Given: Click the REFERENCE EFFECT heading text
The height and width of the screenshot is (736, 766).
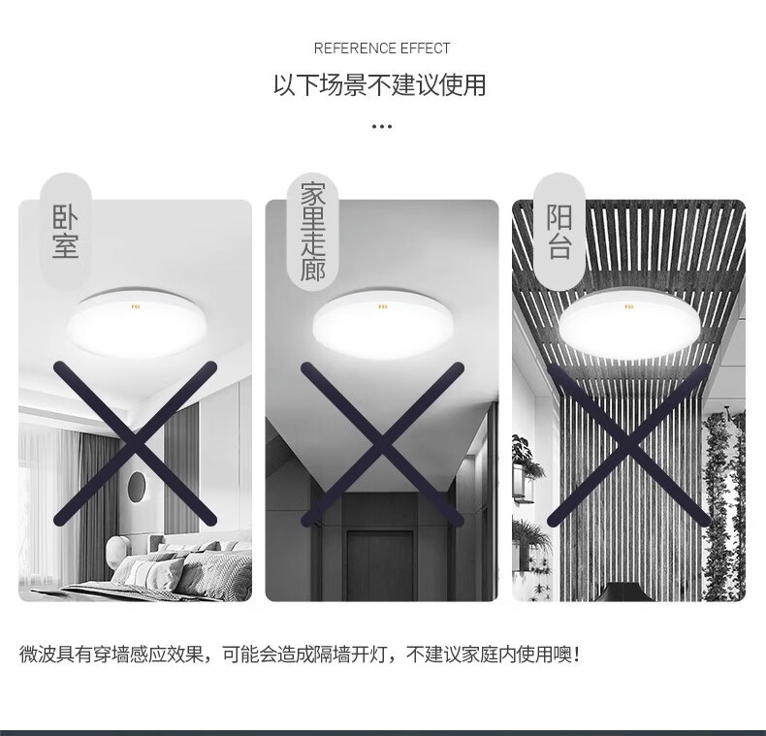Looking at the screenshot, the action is (381, 48).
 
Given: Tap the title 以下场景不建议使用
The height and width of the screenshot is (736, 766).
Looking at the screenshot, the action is (379, 85).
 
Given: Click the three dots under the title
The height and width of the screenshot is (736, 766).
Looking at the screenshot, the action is (381, 127).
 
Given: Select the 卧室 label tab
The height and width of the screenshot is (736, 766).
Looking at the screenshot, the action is (66, 231).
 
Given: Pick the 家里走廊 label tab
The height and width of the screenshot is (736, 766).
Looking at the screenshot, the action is (312, 231).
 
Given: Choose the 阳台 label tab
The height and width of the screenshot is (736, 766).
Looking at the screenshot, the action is (559, 231).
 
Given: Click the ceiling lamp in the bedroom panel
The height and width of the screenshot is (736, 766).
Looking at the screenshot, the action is (136, 323).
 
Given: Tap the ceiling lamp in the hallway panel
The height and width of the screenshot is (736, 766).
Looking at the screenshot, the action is (383, 324).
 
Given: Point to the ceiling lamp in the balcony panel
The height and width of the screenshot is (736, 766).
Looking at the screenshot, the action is (629, 324).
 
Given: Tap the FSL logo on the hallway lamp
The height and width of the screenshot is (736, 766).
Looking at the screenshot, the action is (382, 307).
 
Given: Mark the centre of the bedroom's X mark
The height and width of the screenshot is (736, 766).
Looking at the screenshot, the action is (136, 443).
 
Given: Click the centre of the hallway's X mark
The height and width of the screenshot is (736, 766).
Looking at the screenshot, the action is (382, 444).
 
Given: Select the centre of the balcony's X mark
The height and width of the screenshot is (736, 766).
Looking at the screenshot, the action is (629, 444).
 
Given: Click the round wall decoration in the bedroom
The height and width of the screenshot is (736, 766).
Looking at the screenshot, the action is (137, 487).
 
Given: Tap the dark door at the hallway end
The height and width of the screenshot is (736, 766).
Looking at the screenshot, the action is (380, 565).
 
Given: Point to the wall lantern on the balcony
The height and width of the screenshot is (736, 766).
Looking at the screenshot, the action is (523, 481).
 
